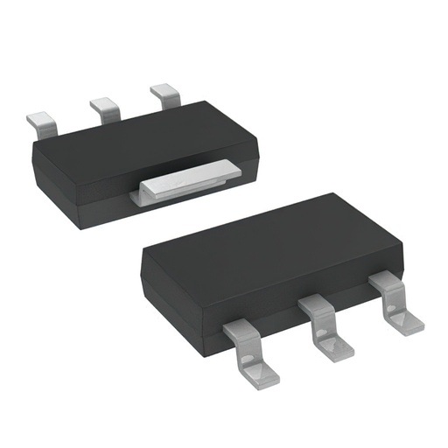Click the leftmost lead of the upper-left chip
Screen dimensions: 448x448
tap(42, 120)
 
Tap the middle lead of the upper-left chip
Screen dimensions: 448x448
tap(105, 108)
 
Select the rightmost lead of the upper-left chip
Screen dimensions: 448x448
tap(164, 94)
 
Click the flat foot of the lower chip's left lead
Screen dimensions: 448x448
tap(260, 371)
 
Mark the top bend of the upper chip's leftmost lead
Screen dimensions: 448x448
tap(39, 115)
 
